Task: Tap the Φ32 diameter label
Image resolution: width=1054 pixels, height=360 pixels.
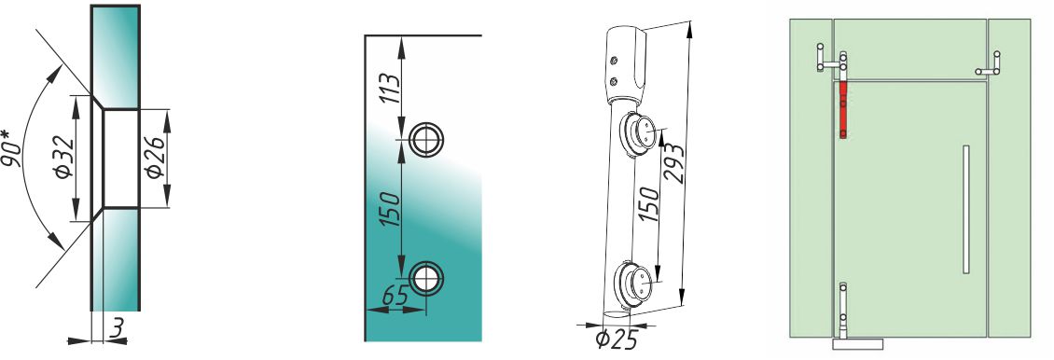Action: tap(65, 158)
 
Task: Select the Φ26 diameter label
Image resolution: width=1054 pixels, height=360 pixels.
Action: tap(155, 158)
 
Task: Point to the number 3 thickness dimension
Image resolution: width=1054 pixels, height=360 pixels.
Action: tap(117, 329)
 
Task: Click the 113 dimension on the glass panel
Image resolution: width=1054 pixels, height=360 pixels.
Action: tap(390, 89)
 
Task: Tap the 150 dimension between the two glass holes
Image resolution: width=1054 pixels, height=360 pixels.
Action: tap(390, 209)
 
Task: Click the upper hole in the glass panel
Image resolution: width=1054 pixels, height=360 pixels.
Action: tap(426, 141)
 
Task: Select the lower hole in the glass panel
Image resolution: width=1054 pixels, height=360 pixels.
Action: tap(426, 277)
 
